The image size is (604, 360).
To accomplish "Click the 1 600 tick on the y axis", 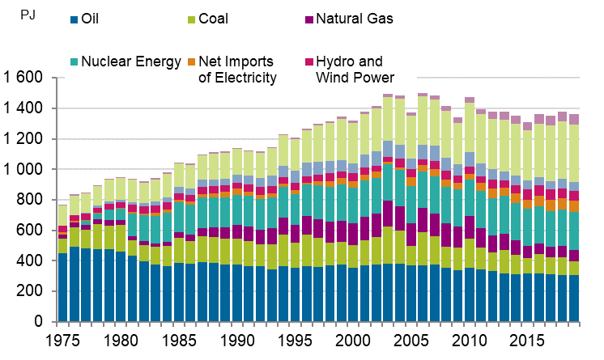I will pos(23,78).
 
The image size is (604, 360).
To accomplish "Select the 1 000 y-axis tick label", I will pos(23,170).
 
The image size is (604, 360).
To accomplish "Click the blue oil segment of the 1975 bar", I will pos(62,287).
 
